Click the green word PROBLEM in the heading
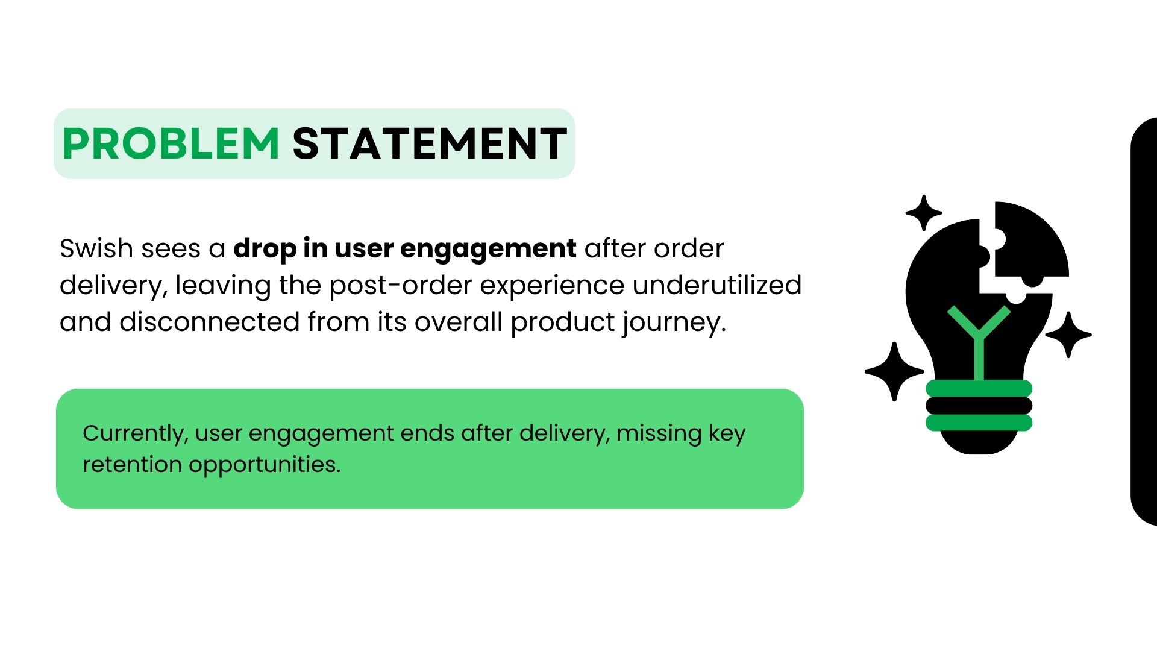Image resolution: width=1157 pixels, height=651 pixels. click(171, 144)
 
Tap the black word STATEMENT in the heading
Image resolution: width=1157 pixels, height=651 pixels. click(430, 144)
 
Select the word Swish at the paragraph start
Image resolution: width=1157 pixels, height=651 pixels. click(96, 248)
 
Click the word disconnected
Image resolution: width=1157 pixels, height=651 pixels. click(209, 322)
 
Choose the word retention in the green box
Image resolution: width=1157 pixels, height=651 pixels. click(132, 465)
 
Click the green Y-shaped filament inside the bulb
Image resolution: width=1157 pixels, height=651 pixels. click(979, 344)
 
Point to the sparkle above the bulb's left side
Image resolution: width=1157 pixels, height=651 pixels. click(924, 213)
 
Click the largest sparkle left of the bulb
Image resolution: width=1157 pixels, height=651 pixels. click(894, 371)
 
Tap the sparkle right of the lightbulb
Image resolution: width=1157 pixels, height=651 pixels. click(1068, 335)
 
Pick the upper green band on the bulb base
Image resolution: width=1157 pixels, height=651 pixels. click(979, 388)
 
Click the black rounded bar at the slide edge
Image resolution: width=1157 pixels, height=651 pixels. click(1144, 321)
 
